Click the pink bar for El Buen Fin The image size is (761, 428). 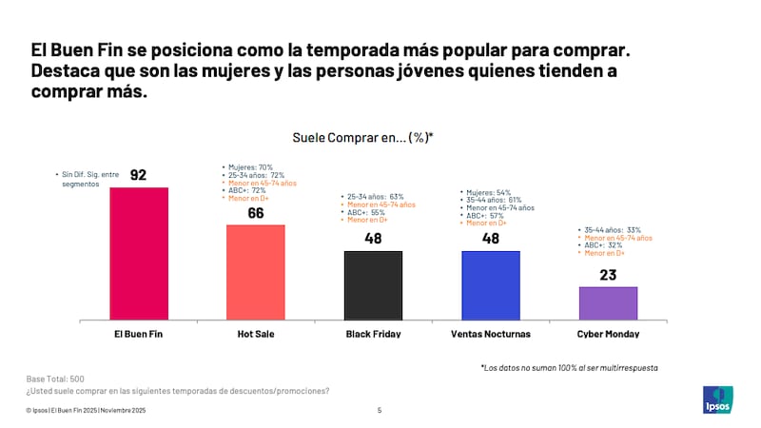pos(139,253)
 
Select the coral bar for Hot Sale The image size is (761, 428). pos(255,271)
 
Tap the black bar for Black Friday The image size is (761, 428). pos(372,284)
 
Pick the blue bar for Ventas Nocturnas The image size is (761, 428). pos(490,284)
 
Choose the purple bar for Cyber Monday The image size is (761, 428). pos(608,302)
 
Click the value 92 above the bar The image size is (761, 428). pos(139,175)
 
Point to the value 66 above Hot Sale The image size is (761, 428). pos(255,212)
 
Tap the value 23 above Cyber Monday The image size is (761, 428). pos(608,274)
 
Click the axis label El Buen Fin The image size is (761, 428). pos(139,334)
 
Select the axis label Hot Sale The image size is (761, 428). pos(255,334)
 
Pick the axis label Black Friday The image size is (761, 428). pos(372,334)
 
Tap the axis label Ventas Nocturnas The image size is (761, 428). pos(490,334)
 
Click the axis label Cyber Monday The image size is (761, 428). pos(608,334)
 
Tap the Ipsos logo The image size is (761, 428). pos(716,399)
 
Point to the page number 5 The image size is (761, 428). pos(380,411)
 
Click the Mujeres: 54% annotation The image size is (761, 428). pos(489,193)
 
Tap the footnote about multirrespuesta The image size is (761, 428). pos(569,367)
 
